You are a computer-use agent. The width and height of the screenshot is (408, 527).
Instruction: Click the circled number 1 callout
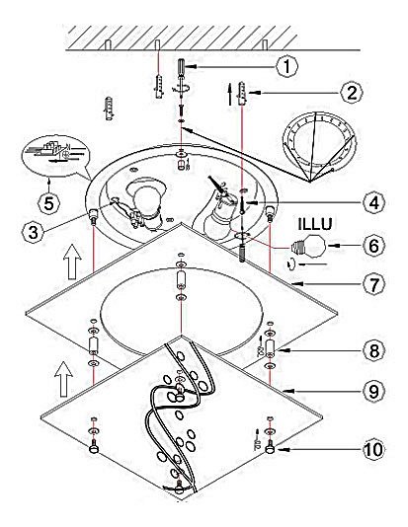pyautogui.click(x=286, y=66)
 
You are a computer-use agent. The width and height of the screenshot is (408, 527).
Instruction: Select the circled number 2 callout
pyautogui.click(x=352, y=93)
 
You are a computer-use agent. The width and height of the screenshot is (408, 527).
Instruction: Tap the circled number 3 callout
pyautogui.click(x=33, y=233)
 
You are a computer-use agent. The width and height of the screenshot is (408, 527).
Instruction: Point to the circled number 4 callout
pyautogui.click(x=374, y=202)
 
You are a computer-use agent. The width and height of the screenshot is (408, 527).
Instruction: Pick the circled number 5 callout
pyautogui.click(x=48, y=203)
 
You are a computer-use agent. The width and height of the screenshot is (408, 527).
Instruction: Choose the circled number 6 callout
pyautogui.click(x=374, y=246)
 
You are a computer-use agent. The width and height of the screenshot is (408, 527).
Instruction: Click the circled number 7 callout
pyautogui.click(x=374, y=284)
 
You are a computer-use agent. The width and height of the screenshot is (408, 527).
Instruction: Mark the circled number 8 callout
pyautogui.click(x=374, y=350)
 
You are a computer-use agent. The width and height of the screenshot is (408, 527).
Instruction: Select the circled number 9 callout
pyautogui.click(x=374, y=391)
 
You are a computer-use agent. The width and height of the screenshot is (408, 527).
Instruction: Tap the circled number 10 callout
pyautogui.click(x=373, y=449)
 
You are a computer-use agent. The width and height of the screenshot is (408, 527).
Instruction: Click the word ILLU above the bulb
pyautogui.click(x=315, y=224)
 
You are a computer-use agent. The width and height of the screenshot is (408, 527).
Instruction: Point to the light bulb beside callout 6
pyautogui.click(x=309, y=247)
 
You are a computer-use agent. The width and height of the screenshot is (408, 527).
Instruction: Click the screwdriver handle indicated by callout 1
pyautogui.click(x=182, y=67)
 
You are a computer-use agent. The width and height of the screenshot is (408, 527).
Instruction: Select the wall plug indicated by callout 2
pyautogui.click(x=242, y=93)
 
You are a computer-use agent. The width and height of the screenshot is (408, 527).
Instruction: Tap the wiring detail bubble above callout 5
pyautogui.click(x=55, y=156)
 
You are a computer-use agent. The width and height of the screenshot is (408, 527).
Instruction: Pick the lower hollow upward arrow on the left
pyautogui.click(x=63, y=379)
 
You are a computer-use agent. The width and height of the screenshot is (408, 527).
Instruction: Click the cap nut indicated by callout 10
pyautogui.click(x=270, y=448)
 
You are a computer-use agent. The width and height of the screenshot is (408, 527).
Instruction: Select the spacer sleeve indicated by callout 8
pyautogui.click(x=270, y=348)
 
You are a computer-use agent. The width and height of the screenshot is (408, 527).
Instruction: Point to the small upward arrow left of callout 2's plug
pyautogui.click(x=230, y=95)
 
